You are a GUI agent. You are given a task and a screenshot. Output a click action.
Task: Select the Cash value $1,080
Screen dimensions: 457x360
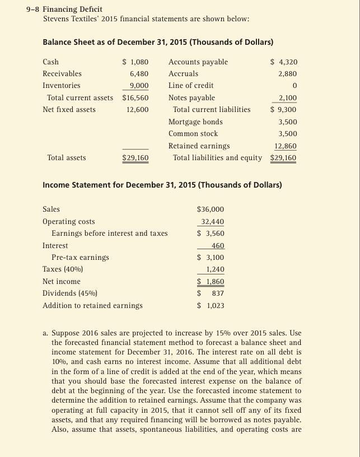(x=135, y=62)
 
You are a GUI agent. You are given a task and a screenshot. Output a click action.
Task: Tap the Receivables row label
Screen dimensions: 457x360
(x=62, y=74)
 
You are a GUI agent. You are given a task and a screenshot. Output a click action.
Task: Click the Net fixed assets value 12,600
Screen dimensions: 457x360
(x=137, y=110)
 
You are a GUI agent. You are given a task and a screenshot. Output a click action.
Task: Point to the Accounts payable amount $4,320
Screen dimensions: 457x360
(x=284, y=62)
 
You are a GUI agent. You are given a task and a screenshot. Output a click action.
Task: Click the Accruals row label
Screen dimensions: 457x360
(x=183, y=74)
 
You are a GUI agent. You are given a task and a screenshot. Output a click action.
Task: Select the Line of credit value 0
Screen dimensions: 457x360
(x=294, y=86)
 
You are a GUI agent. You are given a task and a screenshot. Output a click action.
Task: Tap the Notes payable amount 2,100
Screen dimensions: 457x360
(x=287, y=98)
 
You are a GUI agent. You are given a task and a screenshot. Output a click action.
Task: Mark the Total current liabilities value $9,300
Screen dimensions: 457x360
(x=284, y=110)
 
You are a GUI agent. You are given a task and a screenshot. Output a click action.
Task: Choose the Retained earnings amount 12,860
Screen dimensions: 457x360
(x=286, y=146)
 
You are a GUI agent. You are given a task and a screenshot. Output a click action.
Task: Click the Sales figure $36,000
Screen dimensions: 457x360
(x=210, y=209)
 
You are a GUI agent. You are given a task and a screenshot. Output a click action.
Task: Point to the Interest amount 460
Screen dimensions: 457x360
(x=218, y=246)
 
